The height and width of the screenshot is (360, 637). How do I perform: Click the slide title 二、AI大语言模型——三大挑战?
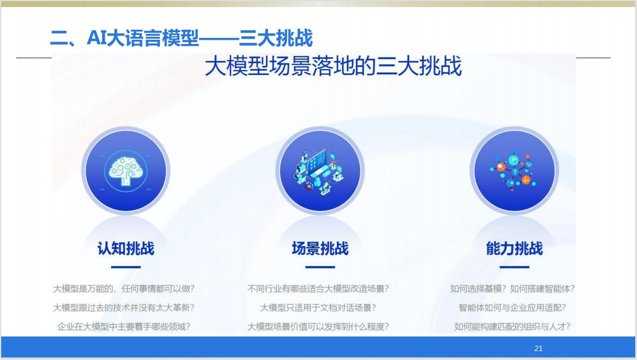click(x=182, y=38)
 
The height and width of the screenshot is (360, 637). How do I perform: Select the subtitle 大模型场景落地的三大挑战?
click(x=333, y=66)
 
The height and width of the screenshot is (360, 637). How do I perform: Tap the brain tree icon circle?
click(x=126, y=170)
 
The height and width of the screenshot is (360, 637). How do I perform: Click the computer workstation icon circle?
click(x=320, y=170)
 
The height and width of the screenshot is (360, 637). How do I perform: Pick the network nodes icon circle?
click(x=515, y=170)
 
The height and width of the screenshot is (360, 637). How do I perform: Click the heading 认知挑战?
click(x=126, y=248)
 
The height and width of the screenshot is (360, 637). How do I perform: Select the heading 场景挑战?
click(x=320, y=248)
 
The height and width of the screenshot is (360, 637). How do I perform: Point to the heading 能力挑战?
click(x=515, y=248)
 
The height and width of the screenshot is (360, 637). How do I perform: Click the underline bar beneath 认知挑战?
click(x=126, y=267)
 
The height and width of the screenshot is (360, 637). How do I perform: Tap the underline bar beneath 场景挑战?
click(x=320, y=267)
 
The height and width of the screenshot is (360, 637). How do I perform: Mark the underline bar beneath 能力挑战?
click(x=515, y=267)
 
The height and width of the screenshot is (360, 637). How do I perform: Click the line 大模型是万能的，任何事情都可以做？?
click(x=124, y=289)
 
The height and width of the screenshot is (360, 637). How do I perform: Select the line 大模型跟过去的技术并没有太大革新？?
click(x=124, y=308)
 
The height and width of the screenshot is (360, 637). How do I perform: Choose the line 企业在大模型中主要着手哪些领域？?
click(x=124, y=326)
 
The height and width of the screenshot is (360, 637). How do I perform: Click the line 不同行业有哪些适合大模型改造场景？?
click(x=318, y=289)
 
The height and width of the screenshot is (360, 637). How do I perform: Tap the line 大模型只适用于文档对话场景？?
click(x=318, y=308)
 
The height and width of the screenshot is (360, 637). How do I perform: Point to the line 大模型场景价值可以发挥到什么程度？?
click(x=318, y=326)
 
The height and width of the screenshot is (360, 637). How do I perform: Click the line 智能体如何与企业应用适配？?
click(x=512, y=308)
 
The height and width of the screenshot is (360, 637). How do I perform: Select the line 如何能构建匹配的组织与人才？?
click(x=512, y=326)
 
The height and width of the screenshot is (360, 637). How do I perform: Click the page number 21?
click(x=538, y=348)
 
